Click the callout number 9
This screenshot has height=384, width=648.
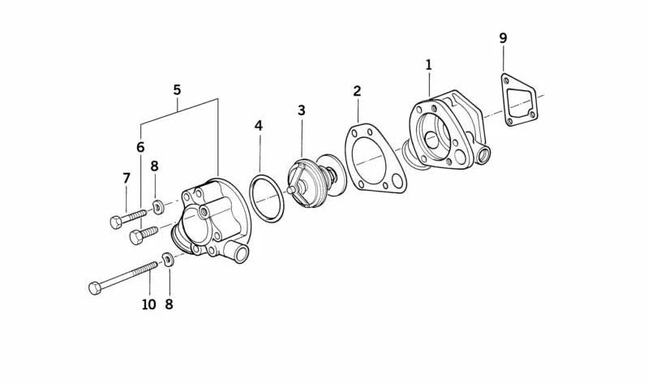pyautogui.click(x=503, y=38)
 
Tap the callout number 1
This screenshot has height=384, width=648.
pyautogui.click(x=428, y=65)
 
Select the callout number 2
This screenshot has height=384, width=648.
pyautogui.click(x=357, y=91)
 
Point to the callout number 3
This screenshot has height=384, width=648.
pyautogui.click(x=301, y=110)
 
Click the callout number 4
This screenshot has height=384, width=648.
pyautogui.click(x=258, y=125)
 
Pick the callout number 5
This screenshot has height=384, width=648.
pyautogui.click(x=177, y=90)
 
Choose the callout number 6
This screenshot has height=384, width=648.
pyautogui.click(x=140, y=147)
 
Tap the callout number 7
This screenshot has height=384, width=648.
pyautogui.click(x=127, y=179)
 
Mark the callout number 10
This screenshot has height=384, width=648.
pyautogui.click(x=148, y=304)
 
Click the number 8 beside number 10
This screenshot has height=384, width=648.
pyautogui.click(x=169, y=304)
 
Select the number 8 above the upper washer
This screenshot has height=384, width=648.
pyautogui.click(x=154, y=166)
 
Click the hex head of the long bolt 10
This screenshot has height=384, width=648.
pyautogui.click(x=95, y=288)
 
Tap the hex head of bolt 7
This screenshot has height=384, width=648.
pyautogui.click(x=116, y=222)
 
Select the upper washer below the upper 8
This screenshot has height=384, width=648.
pyautogui.click(x=158, y=207)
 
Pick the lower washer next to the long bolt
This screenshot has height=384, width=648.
pyautogui.click(x=168, y=260)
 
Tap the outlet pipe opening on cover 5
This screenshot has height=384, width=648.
pyautogui.click(x=241, y=253)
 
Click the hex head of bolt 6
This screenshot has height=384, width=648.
pyautogui.click(x=136, y=238)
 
